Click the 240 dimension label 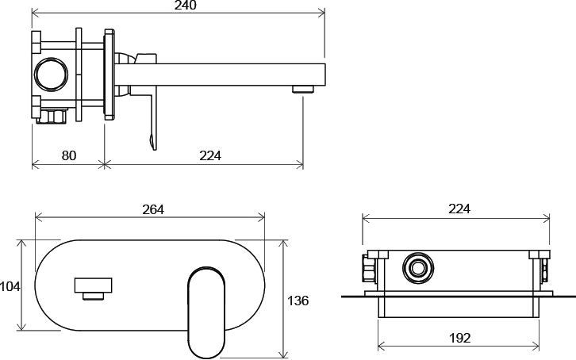[x=186, y=5]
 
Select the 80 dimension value [x=69, y=155]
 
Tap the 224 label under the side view [x=210, y=155]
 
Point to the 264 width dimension [x=153, y=209]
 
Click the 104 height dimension [x=10, y=286]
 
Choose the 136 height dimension [x=298, y=301]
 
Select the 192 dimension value [x=459, y=338]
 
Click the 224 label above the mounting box [x=459, y=209]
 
